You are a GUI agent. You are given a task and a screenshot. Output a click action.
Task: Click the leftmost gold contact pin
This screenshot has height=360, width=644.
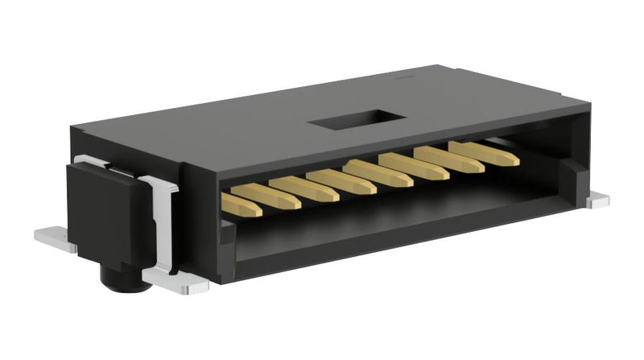click(241, 205)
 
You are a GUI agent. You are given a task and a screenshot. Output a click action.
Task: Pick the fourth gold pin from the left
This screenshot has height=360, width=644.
click(341, 181)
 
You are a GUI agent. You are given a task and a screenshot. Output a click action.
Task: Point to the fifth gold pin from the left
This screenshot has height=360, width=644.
click(378, 172)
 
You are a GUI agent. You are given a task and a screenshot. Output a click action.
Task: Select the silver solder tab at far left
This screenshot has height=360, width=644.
click(53, 238)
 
